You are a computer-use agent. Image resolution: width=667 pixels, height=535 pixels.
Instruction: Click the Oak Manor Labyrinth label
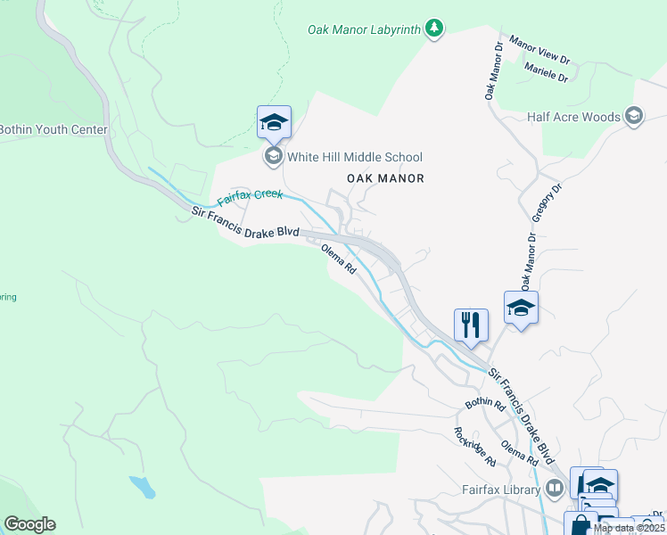[364, 29]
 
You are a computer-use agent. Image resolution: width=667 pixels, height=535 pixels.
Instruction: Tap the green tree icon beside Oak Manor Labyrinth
[434, 29]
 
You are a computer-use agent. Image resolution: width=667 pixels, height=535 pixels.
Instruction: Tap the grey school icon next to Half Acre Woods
[634, 116]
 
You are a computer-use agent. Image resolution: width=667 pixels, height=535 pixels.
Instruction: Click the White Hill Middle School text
[356, 157]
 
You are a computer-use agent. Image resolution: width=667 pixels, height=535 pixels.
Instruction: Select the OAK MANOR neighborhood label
[385, 178]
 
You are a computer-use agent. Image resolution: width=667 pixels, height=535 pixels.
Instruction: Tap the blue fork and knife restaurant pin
[472, 325]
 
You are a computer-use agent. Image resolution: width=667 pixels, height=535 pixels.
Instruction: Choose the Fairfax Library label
[501, 490]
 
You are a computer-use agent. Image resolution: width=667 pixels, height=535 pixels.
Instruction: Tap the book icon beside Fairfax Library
[555, 489]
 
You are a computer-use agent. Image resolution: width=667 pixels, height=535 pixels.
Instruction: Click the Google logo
[30, 524]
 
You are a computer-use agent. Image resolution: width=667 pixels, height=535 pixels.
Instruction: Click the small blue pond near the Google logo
[143, 487]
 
